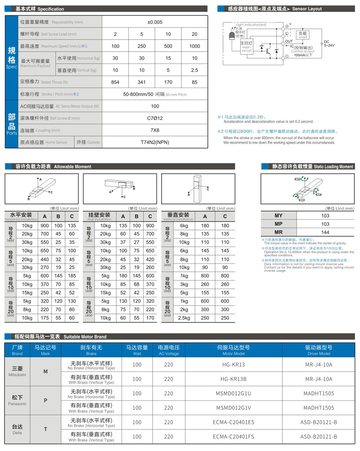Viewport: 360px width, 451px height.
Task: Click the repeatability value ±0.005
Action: (x=155, y=22)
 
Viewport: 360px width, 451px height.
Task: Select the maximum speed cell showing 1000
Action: (x=194, y=46)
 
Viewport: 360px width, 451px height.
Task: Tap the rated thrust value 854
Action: (x=115, y=82)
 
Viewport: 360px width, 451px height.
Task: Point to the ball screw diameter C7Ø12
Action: (x=155, y=118)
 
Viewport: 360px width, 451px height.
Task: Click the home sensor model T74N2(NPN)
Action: (x=155, y=142)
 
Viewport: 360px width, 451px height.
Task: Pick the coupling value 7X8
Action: (x=155, y=130)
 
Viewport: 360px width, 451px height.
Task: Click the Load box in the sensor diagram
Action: (x=303, y=35)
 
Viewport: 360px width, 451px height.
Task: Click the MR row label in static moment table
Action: (x=278, y=232)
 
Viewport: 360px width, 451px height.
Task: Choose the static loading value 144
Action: (x=325, y=232)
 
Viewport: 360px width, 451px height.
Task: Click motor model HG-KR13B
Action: (x=233, y=379)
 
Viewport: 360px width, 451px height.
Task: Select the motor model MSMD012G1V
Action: (x=233, y=408)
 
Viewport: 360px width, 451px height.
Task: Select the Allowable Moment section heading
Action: (x=53, y=167)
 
